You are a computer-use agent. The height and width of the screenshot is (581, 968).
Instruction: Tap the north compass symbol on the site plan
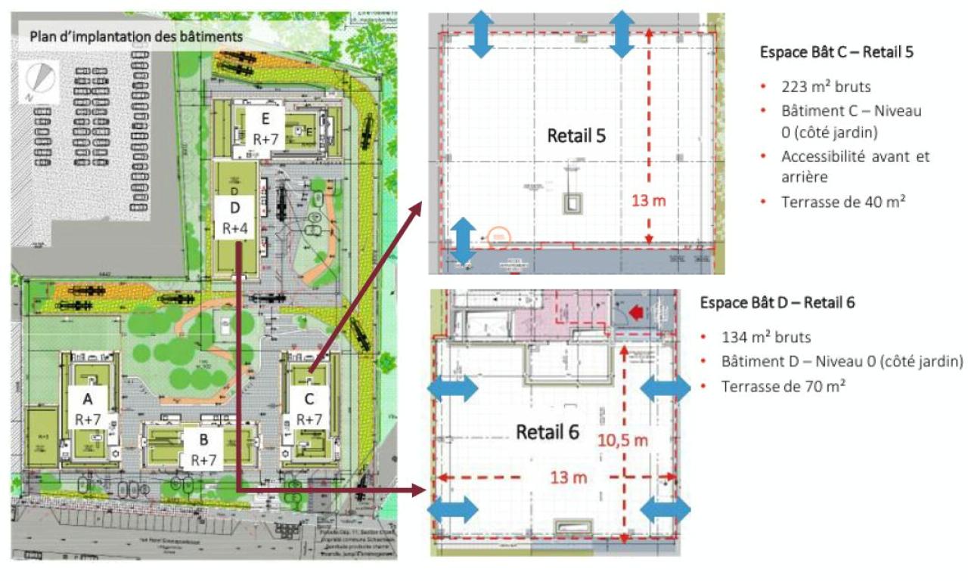(x=41, y=78)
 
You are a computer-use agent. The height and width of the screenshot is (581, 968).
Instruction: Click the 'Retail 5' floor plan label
(x=577, y=136)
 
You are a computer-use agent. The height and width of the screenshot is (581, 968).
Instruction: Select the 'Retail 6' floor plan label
(x=548, y=432)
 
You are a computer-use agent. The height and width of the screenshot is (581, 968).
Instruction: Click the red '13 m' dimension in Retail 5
(x=650, y=201)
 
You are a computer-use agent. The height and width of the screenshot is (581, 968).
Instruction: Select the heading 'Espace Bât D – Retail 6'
(x=777, y=302)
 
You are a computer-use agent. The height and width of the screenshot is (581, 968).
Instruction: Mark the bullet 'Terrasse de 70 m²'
(x=783, y=385)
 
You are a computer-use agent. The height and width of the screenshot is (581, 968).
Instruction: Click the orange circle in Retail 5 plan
(x=498, y=236)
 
